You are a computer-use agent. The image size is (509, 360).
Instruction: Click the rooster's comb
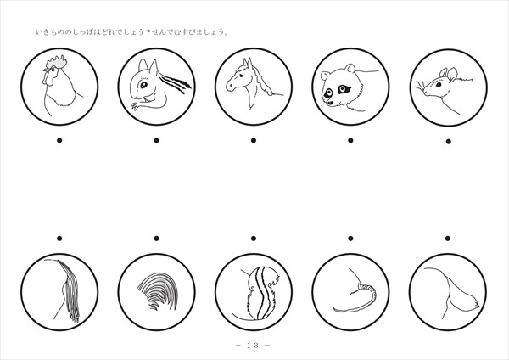57,62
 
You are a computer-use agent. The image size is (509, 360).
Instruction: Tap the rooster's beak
46,70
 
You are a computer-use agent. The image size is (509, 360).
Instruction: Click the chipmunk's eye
143,85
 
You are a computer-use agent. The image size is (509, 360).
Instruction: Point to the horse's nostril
230,86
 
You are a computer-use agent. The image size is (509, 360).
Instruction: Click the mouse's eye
439,84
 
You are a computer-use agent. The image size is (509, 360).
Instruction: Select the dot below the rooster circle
59,140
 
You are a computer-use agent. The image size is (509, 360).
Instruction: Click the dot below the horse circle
254,140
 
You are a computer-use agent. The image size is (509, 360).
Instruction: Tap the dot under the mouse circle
448,141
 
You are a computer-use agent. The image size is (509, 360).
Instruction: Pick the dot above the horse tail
59,239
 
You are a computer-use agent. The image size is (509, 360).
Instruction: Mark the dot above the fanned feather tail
156,239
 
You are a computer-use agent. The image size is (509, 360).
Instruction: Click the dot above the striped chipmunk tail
254,239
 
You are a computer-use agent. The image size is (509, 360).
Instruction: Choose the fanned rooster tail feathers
158,290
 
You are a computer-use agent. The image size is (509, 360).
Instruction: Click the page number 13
253,345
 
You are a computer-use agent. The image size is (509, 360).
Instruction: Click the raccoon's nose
330,103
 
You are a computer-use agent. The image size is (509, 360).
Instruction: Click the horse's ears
248,63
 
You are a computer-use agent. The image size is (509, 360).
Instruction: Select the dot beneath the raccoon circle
350,140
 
